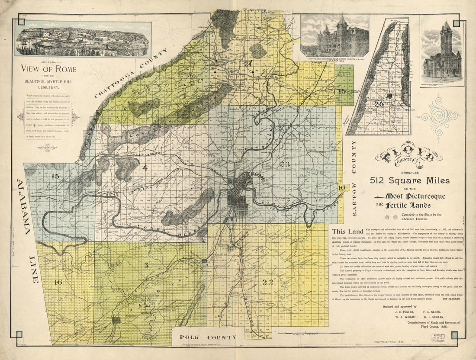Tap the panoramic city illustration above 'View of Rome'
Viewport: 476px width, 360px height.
[x=83, y=39]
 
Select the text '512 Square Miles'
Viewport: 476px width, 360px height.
[x=409, y=180]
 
